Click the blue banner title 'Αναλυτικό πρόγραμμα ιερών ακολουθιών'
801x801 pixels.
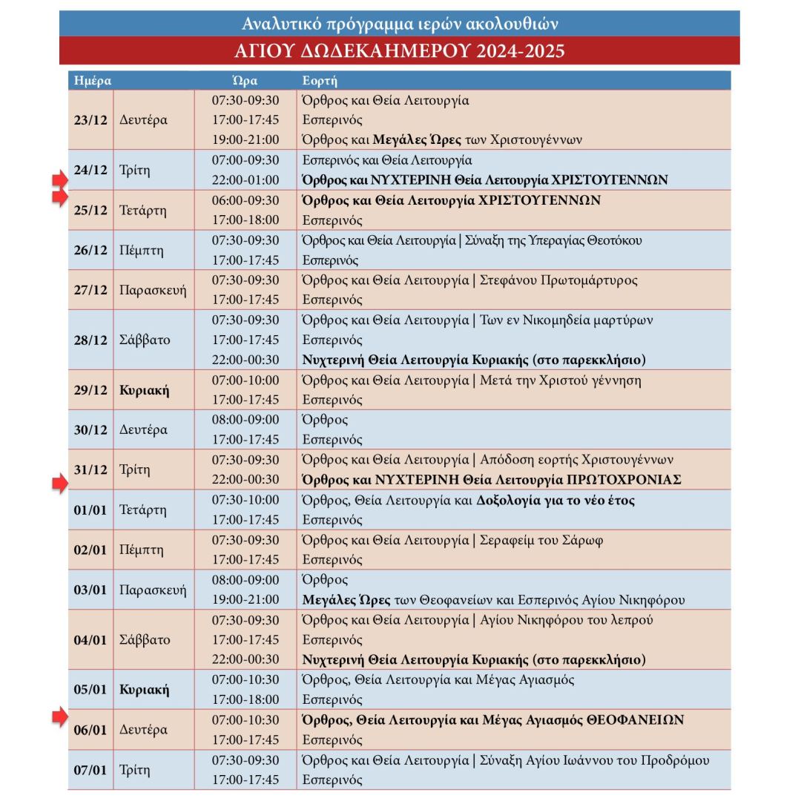click(x=400, y=24)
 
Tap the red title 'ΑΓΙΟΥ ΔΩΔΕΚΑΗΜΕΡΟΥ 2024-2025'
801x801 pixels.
click(x=400, y=51)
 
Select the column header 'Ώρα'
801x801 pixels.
click(x=245, y=80)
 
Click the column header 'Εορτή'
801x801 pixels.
click(x=320, y=80)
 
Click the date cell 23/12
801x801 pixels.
click(x=90, y=120)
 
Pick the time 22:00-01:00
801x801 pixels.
click(x=245, y=180)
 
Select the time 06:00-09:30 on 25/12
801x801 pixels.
click(x=245, y=200)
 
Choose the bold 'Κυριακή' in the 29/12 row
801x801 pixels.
click(x=144, y=390)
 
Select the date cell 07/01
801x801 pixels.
click(x=90, y=770)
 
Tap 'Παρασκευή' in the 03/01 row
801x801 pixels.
click(x=153, y=590)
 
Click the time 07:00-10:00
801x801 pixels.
click(x=245, y=380)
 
